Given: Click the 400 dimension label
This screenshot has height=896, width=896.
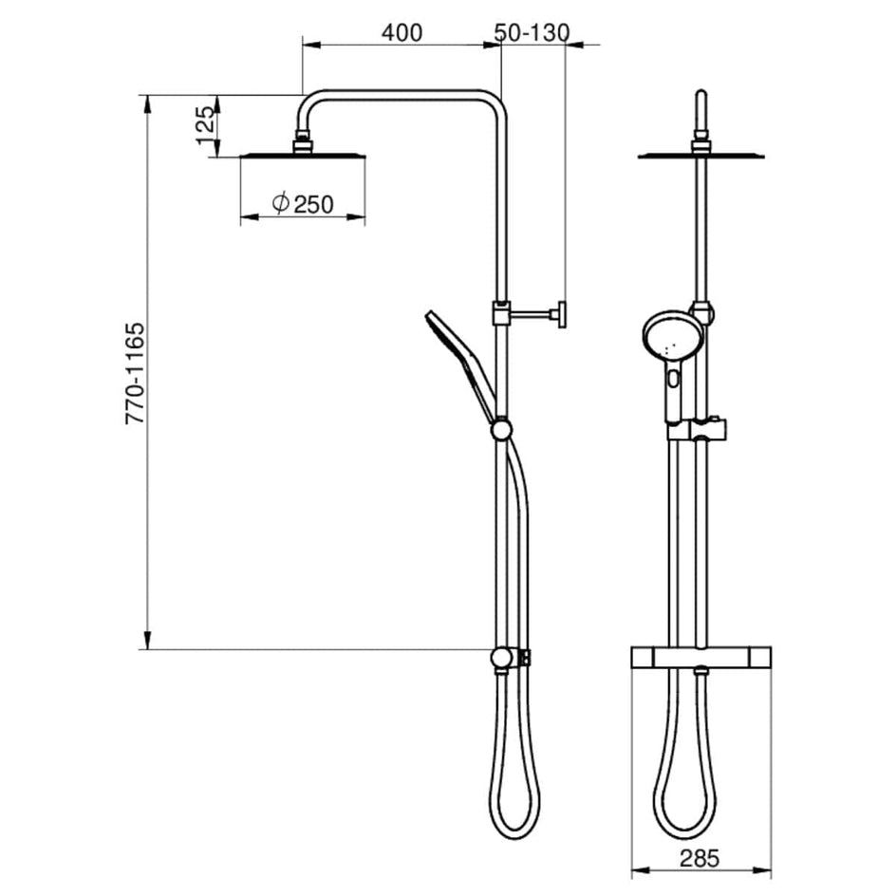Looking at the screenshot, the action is (x=401, y=32).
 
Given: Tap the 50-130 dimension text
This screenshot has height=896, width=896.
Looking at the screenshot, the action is (x=532, y=32).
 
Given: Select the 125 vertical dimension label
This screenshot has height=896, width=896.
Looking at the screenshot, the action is (x=207, y=125).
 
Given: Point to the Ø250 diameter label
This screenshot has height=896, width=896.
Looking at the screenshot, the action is (x=303, y=203).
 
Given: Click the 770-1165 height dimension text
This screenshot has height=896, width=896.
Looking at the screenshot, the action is (x=136, y=373).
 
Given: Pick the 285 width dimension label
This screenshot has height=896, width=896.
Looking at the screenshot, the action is (x=700, y=858).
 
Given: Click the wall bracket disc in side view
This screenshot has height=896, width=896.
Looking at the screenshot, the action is (x=562, y=314).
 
